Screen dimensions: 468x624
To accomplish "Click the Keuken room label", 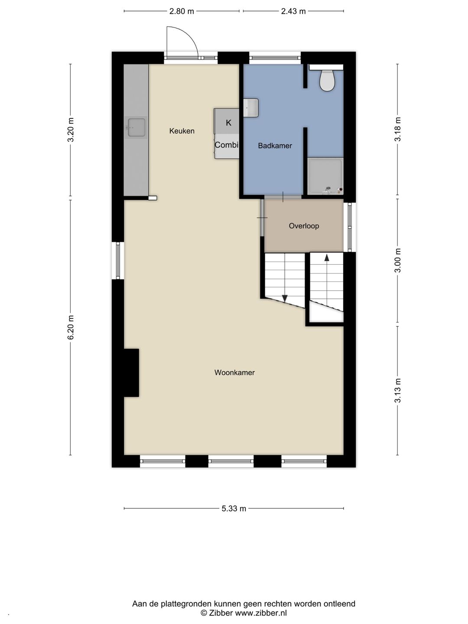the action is [x=182, y=131].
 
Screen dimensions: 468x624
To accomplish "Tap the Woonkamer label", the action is [x=234, y=372].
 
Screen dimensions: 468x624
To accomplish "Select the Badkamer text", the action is [x=275, y=146].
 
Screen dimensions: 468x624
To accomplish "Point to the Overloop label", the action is [x=304, y=226].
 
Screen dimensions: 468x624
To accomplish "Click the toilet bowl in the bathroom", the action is [x=327, y=81].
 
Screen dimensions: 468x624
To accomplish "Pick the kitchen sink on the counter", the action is [x=136, y=128].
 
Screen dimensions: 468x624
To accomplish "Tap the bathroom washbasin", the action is [x=250, y=108].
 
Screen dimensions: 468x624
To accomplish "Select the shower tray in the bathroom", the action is [x=325, y=176].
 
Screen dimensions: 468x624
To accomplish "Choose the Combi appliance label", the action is [x=226, y=145].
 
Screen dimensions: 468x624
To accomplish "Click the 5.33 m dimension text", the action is [x=234, y=508].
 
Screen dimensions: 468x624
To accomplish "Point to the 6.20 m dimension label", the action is [x=71, y=327].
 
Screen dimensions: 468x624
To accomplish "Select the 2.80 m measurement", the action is [x=182, y=11].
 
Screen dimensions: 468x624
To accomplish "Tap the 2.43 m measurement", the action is [x=293, y=11].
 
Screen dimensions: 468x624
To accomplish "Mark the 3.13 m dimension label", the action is [x=397, y=390].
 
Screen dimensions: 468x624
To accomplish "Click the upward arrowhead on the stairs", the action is [x=327, y=257].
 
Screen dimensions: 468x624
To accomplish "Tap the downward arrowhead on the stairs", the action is [x=285, y=299].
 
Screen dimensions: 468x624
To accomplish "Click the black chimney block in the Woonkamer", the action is [x=131, y=373].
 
